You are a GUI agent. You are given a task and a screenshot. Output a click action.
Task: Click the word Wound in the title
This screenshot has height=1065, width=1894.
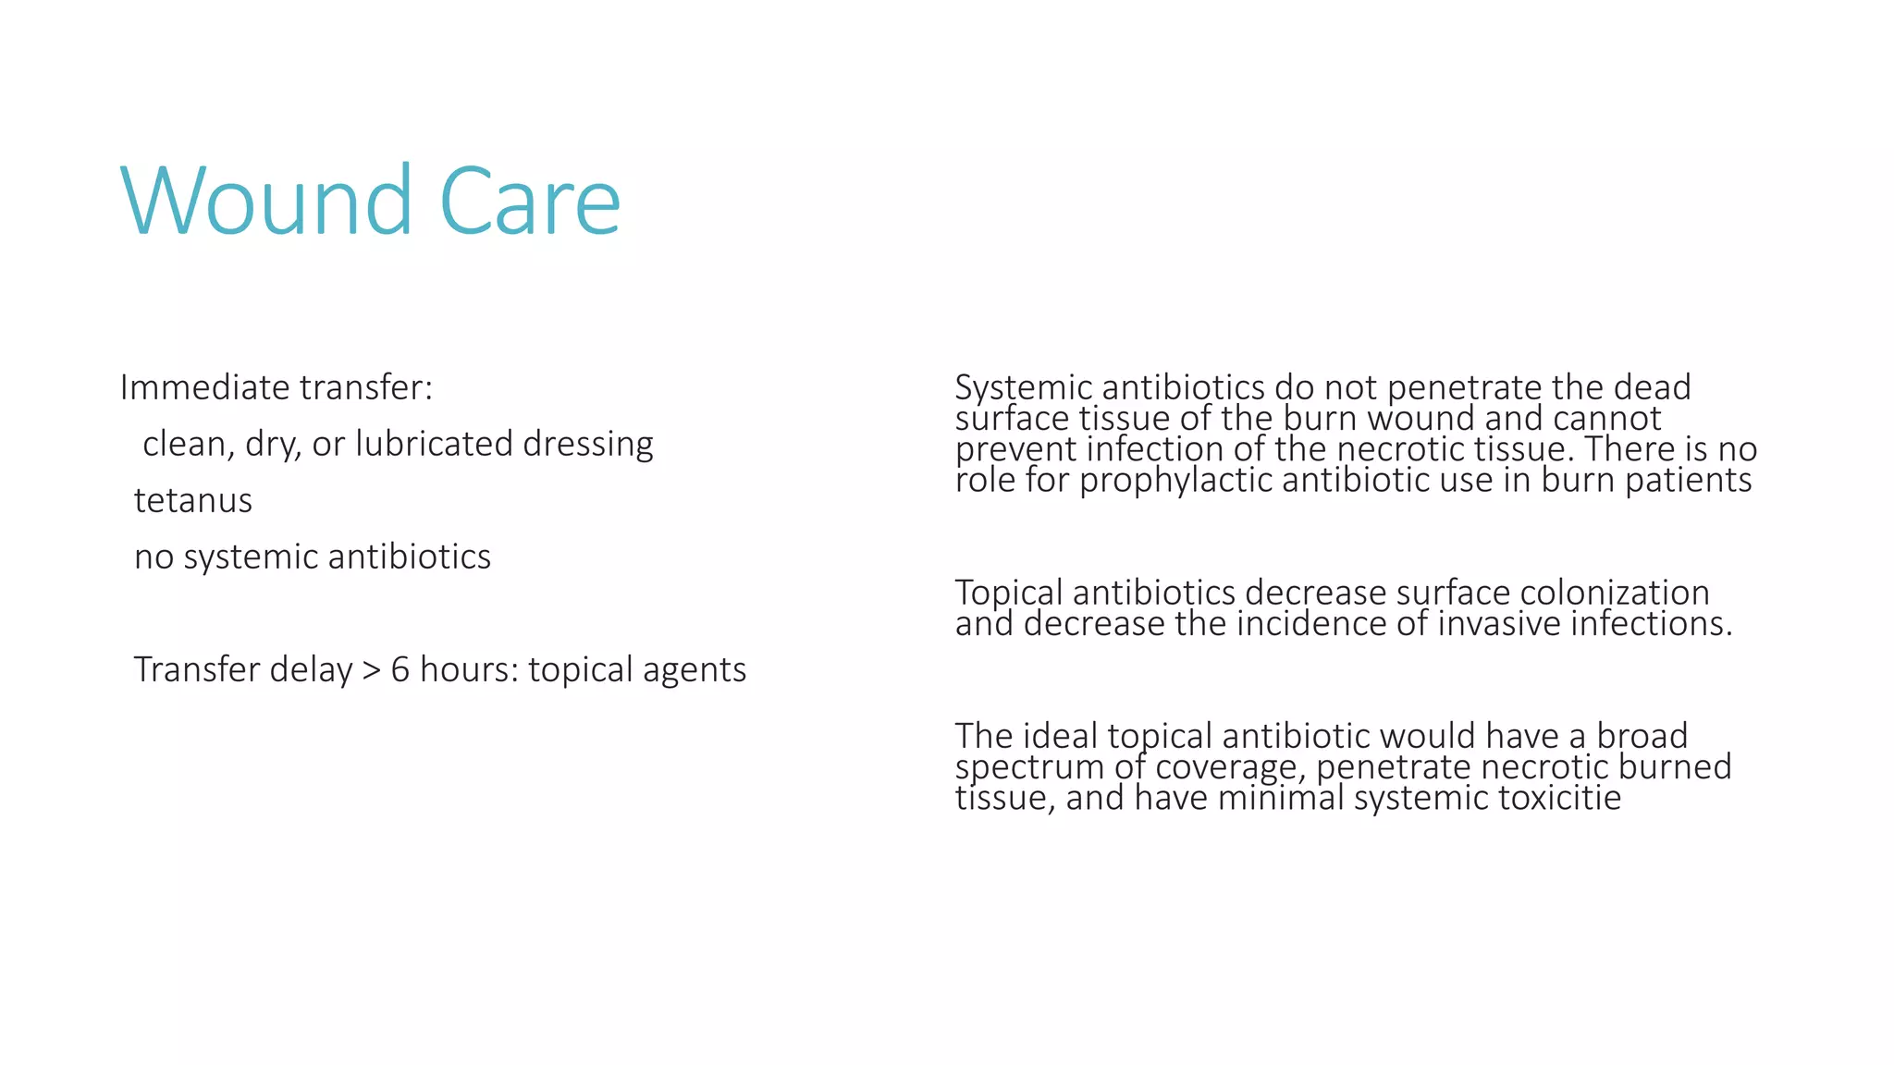(x=266, y=202)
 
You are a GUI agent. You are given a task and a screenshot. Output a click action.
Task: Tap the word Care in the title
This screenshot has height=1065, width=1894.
(x=529, y=202)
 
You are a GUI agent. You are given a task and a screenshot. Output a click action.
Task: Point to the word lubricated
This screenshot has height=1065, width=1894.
(x=434, y=444)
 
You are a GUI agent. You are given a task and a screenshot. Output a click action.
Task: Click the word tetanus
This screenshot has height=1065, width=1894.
(x=193, y=500)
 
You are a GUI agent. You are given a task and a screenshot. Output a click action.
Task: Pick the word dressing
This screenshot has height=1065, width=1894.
(x=588, y=444)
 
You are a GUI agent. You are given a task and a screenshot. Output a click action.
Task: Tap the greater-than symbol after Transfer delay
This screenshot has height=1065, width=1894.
(x=371, y=670)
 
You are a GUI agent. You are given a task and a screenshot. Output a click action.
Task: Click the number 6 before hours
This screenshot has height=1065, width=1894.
(x=400, y=669)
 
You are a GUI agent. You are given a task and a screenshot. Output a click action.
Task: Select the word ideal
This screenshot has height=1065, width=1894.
(x=1062, y=736)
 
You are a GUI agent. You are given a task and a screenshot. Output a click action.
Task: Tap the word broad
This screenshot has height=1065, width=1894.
(x=1642, y=736)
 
